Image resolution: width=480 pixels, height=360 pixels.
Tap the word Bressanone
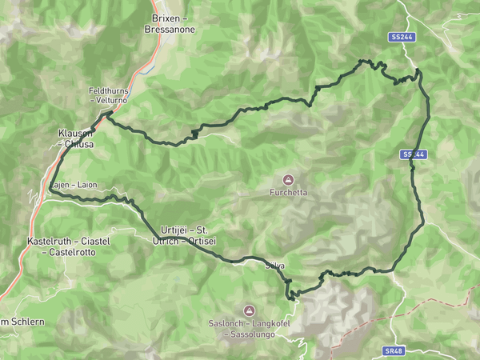tap(170, 29)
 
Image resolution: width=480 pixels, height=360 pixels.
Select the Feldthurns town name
tap(107, 91)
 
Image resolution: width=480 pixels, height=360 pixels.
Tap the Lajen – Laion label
tap(74, 185)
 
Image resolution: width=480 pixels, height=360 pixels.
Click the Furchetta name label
tap(289, 193)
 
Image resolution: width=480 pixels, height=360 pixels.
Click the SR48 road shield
tap(393, 350)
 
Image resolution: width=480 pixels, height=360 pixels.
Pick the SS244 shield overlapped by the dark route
tap(412, 154)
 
